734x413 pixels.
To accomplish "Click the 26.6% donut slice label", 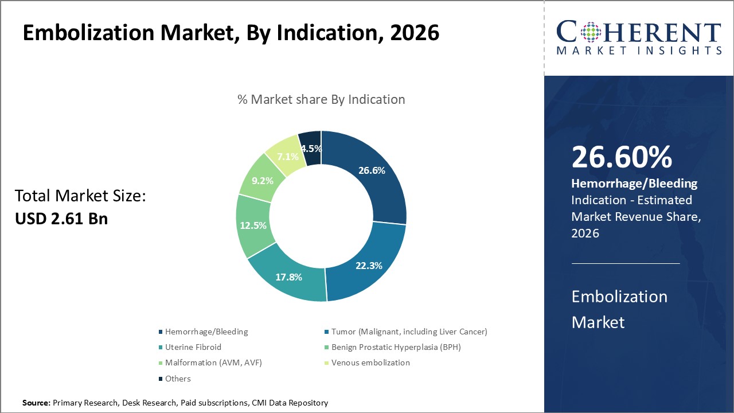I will click(x=372, y=170).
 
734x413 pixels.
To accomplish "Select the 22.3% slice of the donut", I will click(x=369, y=266).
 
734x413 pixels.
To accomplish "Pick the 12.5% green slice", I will click(x=253, y=225).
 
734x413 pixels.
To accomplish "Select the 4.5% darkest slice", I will click(x=311, y=148).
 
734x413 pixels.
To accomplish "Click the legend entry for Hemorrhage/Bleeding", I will click(x=206, y=332).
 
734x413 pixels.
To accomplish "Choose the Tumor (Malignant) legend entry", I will click(x=409, y=332).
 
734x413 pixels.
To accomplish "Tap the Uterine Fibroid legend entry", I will click(x=193, y=347).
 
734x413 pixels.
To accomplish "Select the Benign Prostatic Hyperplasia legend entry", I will click(x=396, y=347).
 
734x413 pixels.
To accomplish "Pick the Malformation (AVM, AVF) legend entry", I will click(x=213, y=363).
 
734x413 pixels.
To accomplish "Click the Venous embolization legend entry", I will click(x=370, y=363).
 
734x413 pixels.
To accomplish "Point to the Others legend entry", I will click(x=178, y=379).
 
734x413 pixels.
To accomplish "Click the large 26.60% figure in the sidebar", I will click(x=622, y=157).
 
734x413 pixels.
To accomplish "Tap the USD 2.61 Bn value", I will click(x=61, y=219).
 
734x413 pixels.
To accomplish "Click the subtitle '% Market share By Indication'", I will click(x=321, y=99).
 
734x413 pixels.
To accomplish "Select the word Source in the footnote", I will click(x=36, y=403).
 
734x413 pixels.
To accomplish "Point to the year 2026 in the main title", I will click(x=414, y=33).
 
